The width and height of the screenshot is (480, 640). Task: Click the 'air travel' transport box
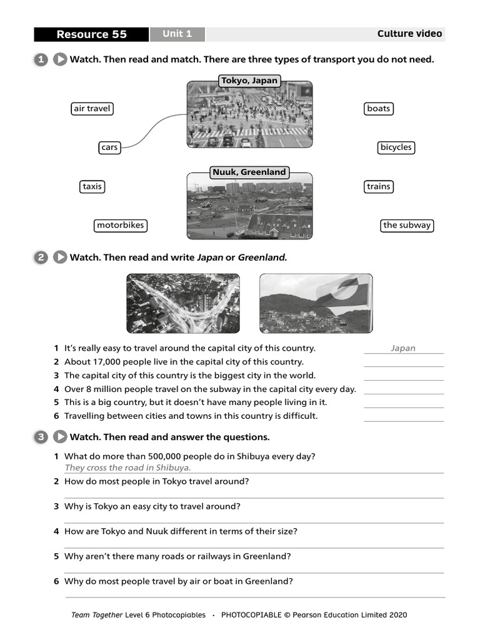[x=92, y=109]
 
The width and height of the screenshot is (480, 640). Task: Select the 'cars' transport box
[x=109, y=147]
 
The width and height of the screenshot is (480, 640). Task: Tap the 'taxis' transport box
[x=92, y=186]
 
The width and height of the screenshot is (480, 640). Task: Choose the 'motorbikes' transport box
[x=121, y=225]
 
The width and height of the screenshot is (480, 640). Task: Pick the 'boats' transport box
[x=378, y=109]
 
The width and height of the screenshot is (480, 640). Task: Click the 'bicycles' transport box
[x=396, y=147]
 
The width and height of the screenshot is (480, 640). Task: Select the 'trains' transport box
[x=378, y=186]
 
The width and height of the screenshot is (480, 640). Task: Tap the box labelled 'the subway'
[x=407, y=225]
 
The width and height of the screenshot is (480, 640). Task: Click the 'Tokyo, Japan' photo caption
[x=249, y=81]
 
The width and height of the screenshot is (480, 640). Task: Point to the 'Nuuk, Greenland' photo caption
[x=249, y=172]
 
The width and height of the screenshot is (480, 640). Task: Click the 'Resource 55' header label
[x=91, y=34]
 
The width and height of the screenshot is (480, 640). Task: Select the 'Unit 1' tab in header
[x=177, y=34]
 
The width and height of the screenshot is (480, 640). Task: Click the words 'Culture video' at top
[x=409, y=34]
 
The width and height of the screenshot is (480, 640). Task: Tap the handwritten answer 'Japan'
[x=403, y=349]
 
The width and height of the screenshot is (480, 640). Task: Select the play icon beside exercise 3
[x=60, y=437]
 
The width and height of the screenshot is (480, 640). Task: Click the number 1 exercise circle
[x=41, y=59]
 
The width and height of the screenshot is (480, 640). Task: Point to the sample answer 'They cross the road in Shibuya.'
[x=127, y=467]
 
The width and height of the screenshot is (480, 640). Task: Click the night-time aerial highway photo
[x=182, y=304]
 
